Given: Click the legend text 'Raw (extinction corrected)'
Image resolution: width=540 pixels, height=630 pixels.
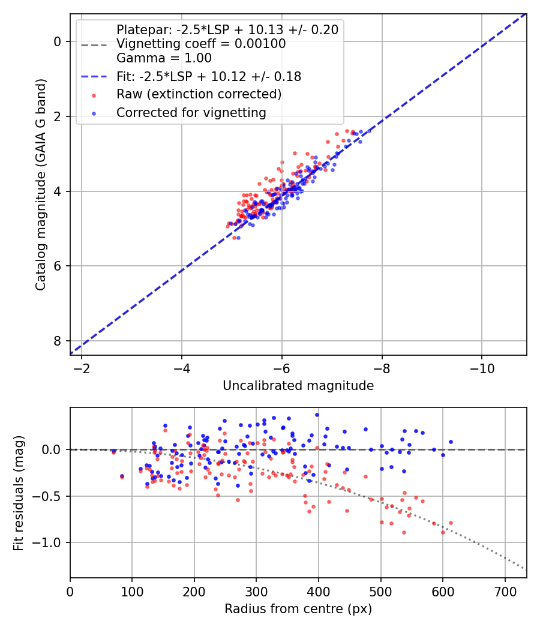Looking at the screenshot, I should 199,94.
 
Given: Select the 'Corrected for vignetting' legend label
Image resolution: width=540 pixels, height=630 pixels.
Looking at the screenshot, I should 191,112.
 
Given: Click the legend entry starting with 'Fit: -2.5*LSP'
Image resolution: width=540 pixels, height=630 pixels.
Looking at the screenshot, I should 209,76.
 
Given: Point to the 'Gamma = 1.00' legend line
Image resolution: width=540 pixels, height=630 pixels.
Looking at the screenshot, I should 164,58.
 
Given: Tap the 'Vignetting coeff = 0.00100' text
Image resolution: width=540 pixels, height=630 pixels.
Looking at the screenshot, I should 201,44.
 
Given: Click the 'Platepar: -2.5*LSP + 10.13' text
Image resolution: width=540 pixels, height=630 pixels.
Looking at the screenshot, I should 227,29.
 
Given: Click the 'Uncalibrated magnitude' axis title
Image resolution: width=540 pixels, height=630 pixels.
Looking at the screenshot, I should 298,386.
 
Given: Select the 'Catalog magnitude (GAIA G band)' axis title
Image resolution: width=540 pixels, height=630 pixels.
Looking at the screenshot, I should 40,184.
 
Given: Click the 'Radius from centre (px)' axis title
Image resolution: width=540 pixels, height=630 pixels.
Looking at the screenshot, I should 298,609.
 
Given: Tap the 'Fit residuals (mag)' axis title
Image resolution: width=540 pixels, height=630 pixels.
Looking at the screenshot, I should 19,493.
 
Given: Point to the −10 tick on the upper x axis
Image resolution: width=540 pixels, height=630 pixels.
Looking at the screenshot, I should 481,367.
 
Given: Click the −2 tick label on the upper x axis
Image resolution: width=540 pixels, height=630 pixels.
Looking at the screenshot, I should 82,367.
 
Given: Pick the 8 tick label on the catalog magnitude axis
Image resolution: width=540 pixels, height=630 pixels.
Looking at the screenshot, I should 58,341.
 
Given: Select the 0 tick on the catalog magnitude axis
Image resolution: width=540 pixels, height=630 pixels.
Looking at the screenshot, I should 58,41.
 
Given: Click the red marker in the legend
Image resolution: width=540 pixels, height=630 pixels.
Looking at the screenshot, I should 94,95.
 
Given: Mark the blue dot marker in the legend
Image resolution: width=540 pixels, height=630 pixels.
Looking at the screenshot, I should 94,113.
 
